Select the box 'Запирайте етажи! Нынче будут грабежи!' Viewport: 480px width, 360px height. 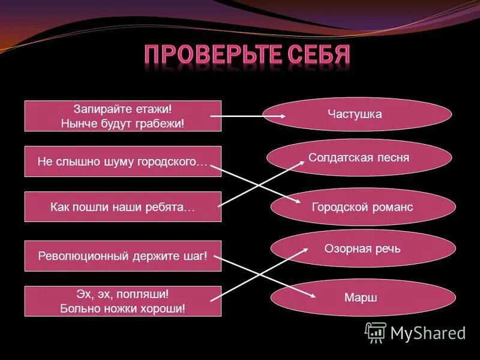(x=122, y=116)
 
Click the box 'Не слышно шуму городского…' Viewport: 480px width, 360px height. (x=122, y=161)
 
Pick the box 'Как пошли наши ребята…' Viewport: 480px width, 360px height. (x=122, y=207)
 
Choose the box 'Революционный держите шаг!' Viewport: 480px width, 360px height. (x=122, y=256)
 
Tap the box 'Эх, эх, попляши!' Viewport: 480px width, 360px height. (x=122, y=301)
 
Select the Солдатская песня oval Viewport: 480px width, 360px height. (x=359, y=158)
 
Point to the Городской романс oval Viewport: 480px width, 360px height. (x=362, y=207)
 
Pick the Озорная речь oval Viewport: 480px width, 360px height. (x=362, y=248)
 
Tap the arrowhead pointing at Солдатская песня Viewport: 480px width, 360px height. (x=301, y=163)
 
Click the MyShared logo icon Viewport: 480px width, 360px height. (x=376, y=332)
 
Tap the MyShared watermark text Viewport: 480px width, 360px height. (x=428, y=333)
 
